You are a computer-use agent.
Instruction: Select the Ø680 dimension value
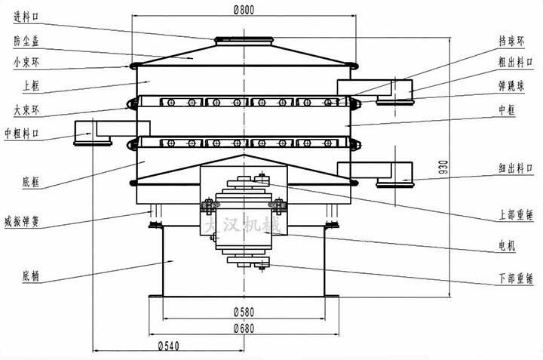244,328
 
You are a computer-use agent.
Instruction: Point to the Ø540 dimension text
169,346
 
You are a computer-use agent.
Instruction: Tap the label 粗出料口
514,62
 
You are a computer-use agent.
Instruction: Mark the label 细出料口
514,169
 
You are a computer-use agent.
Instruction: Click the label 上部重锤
515,214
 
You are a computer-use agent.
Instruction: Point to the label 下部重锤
515,278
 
